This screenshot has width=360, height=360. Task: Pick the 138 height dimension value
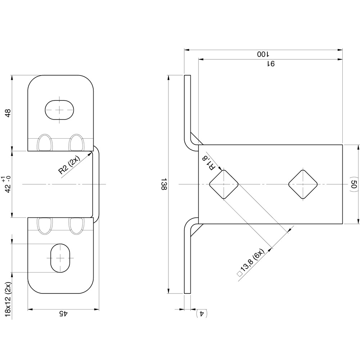pos(164,184)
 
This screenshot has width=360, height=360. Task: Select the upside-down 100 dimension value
pos(263,54)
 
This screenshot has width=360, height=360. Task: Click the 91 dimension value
pos(270,64)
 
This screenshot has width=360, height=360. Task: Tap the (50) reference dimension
pos(354,184)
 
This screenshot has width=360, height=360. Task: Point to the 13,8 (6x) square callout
pos(252,263)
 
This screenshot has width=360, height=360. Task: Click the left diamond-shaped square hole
pos(224,184)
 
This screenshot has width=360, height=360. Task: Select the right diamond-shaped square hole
pos(303,184)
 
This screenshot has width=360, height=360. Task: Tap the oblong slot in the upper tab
pos(59,108)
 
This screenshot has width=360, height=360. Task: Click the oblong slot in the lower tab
pos(59,258)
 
